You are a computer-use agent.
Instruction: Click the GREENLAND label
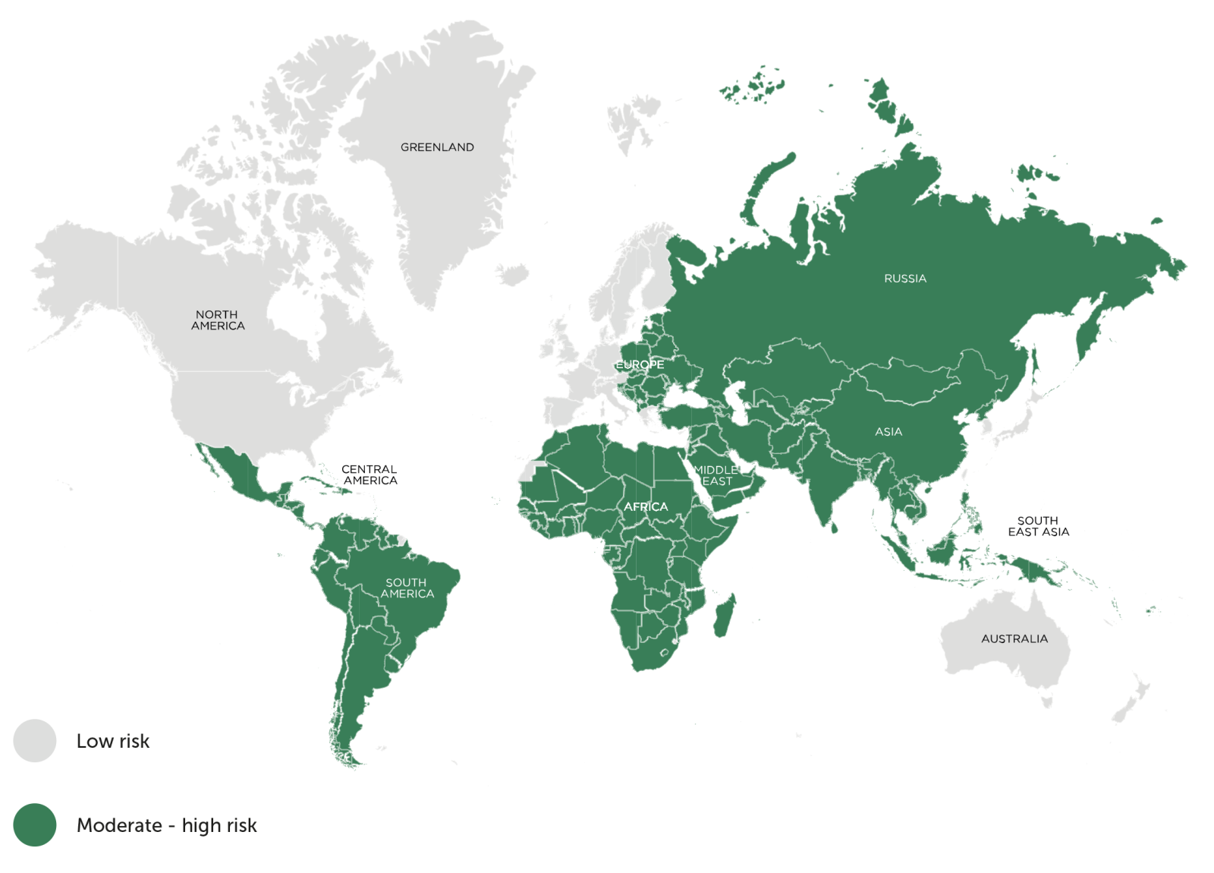437,147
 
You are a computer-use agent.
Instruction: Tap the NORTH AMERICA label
218,320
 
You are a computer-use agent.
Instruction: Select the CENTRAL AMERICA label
370,475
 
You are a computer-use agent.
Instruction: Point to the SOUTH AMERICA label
407,588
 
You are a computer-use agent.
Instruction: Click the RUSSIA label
905,279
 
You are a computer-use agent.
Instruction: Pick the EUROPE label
640,365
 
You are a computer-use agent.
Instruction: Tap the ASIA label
888,432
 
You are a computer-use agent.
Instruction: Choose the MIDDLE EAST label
716,476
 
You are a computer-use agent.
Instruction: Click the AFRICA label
646,506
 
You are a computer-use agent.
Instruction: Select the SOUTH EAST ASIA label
1038,526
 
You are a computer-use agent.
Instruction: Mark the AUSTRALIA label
1014,639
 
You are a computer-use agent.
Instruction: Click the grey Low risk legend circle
35,741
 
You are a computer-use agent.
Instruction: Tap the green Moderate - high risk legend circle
35,825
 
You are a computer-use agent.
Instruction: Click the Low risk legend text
113,742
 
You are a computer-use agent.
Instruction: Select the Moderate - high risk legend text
167,825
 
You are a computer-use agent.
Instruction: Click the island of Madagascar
725,616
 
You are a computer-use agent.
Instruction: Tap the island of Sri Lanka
834,526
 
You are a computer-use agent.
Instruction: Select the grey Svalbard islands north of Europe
634,121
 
